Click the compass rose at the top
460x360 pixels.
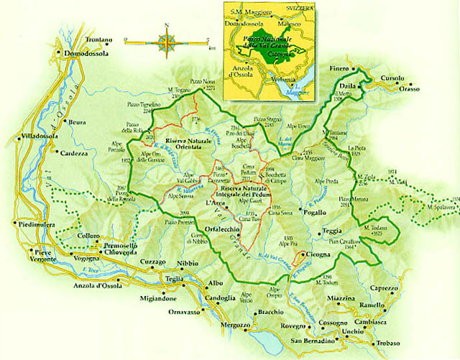(166, 42)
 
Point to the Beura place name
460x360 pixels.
(78, 122)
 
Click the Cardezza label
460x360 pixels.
(75, 153)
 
